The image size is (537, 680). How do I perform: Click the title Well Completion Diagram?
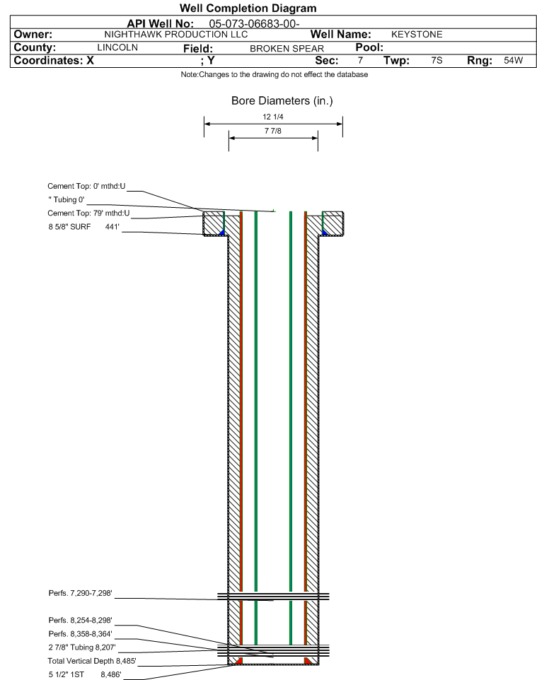pyautogui.click(x=248, y=8)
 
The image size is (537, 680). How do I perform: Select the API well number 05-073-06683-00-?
pyautogui.click(x=254, y=24)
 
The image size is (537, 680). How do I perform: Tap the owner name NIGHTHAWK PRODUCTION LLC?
pyautogui.click(x=176, y=35)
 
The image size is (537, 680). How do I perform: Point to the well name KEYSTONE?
pyautogui.click(x=417, y=35)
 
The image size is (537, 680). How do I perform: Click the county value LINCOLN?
pyautogui.click(x=117, y=47)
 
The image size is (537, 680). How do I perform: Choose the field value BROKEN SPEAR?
pyautogui.click(x=287, y=49)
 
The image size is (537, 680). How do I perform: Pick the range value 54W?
pyautogui.click(x=514, y=60)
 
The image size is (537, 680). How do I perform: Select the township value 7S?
pyautogui.click(x=437, y=60)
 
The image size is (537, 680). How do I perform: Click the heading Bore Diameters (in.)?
pyautogui.click(x=282, y=101)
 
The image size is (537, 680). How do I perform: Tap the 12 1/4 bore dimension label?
pyautogui.click(x=273, y=117)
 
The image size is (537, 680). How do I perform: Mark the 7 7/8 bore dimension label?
pyautogui.click(x=273, y=131)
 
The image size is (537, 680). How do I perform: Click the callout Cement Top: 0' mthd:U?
pyautogui.click(x=86, y=187)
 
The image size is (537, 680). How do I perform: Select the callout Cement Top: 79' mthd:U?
pyautogui.click(x=88, y=213)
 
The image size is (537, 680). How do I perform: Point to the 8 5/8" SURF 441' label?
pyautogui.click(x=83, y=227)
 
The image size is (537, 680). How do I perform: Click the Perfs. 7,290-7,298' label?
pyautogui.click(x=81, y=593)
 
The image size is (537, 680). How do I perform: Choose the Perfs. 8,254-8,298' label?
pyautogui.click(x=81, y=621)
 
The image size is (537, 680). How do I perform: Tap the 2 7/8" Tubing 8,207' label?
pyautogui.click(x=82, y=647)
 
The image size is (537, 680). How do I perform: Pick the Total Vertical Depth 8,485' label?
pyautogui.click(x=92, y=662)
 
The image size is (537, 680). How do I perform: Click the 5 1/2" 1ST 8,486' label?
pyautogui.click(x=85, y=675)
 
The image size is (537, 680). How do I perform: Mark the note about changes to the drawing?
pyautogui.click(x=275, y=75)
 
